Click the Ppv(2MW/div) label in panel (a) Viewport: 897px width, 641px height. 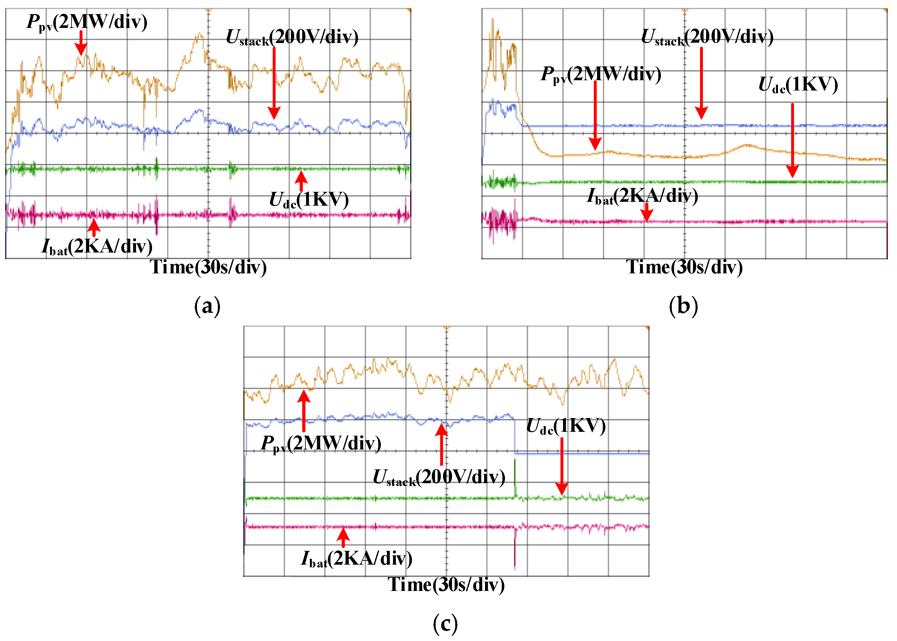pos(87,22)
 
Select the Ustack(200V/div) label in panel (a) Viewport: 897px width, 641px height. pos(292,38)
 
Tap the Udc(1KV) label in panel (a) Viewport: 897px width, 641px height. pos(309,200)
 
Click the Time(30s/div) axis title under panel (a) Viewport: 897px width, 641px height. pos(208,268)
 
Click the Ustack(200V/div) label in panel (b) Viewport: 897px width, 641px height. pos(707,38)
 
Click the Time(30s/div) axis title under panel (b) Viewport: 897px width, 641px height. pos(684,268)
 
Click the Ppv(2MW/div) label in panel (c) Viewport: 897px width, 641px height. pos(321,444)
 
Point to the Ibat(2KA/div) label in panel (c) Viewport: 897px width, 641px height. pos(356,559)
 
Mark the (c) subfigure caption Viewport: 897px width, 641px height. pos(445,624)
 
